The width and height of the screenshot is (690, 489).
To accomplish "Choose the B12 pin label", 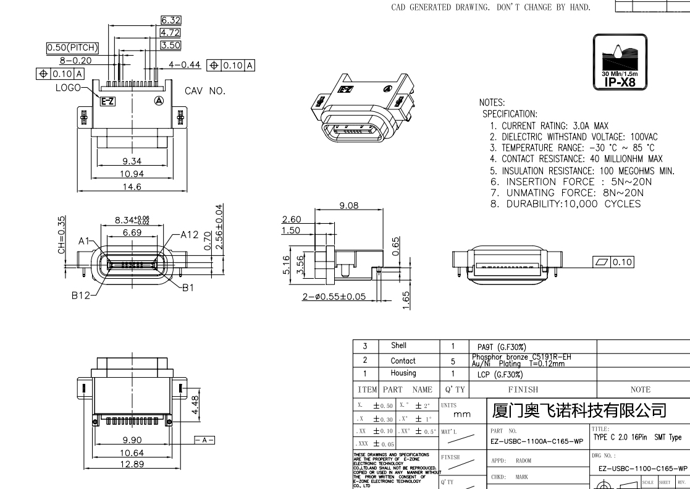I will pos(81,297).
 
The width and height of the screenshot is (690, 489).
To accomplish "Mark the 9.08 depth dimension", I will pos(348,205).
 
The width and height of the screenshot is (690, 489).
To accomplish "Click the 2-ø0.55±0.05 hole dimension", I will pos(334,297).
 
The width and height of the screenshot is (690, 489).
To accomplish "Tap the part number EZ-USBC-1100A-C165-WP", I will pos(536,441).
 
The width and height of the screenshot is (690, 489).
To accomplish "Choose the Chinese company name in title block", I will pos(579,410).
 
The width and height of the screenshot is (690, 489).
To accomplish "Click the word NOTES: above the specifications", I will pos(492,103).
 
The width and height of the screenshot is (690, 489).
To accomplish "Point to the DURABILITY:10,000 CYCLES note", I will pos(565,203).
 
